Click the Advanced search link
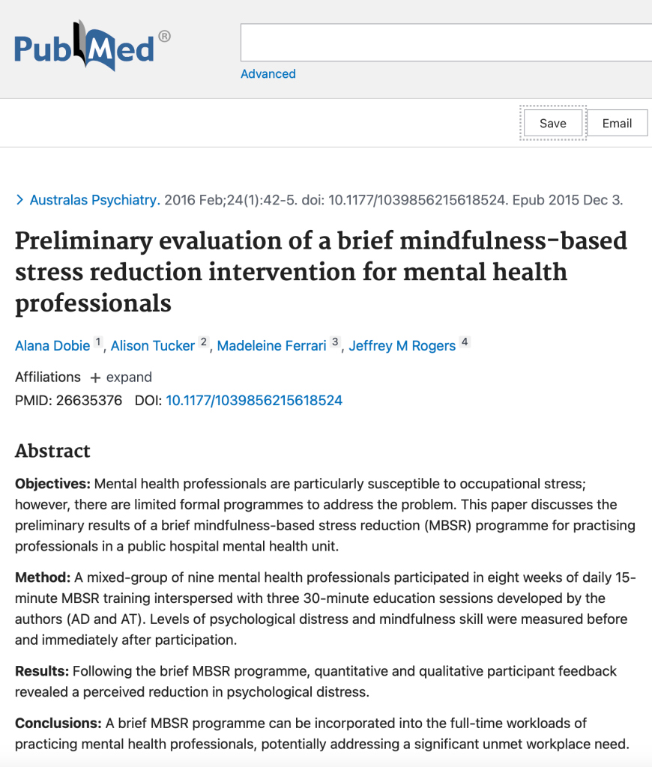pyautogui.click(x=268, y=73)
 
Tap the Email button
pyautogui.click(x=617, y=124)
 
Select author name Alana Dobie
pyautogui.click(x=52, y=345)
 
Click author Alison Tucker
pyautogui.click(x=153, y=345)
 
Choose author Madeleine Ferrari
pyautogui.click(x=271, y=345)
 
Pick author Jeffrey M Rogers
pyautogui.click(x=402, y=345)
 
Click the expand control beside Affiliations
pyautogui.click(x=121, y=377)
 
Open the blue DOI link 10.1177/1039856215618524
pyautogui.click(x=254, y=400)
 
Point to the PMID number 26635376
pyautogui.click(x=89, y=400)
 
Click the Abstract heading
pyautogui.click(x=52, y=451)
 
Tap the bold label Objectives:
pyautogui.click(x=52, y=484)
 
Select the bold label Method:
pyautogui.click(x=43, y=577)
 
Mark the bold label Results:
pyautogui.click(x=42, y=671)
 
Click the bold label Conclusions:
pyautogui.click(x=58, y=723)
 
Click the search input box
pyautogui.click(x=446, y=43)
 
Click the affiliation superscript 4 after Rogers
pyautogui.click(x=465, y=342)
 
